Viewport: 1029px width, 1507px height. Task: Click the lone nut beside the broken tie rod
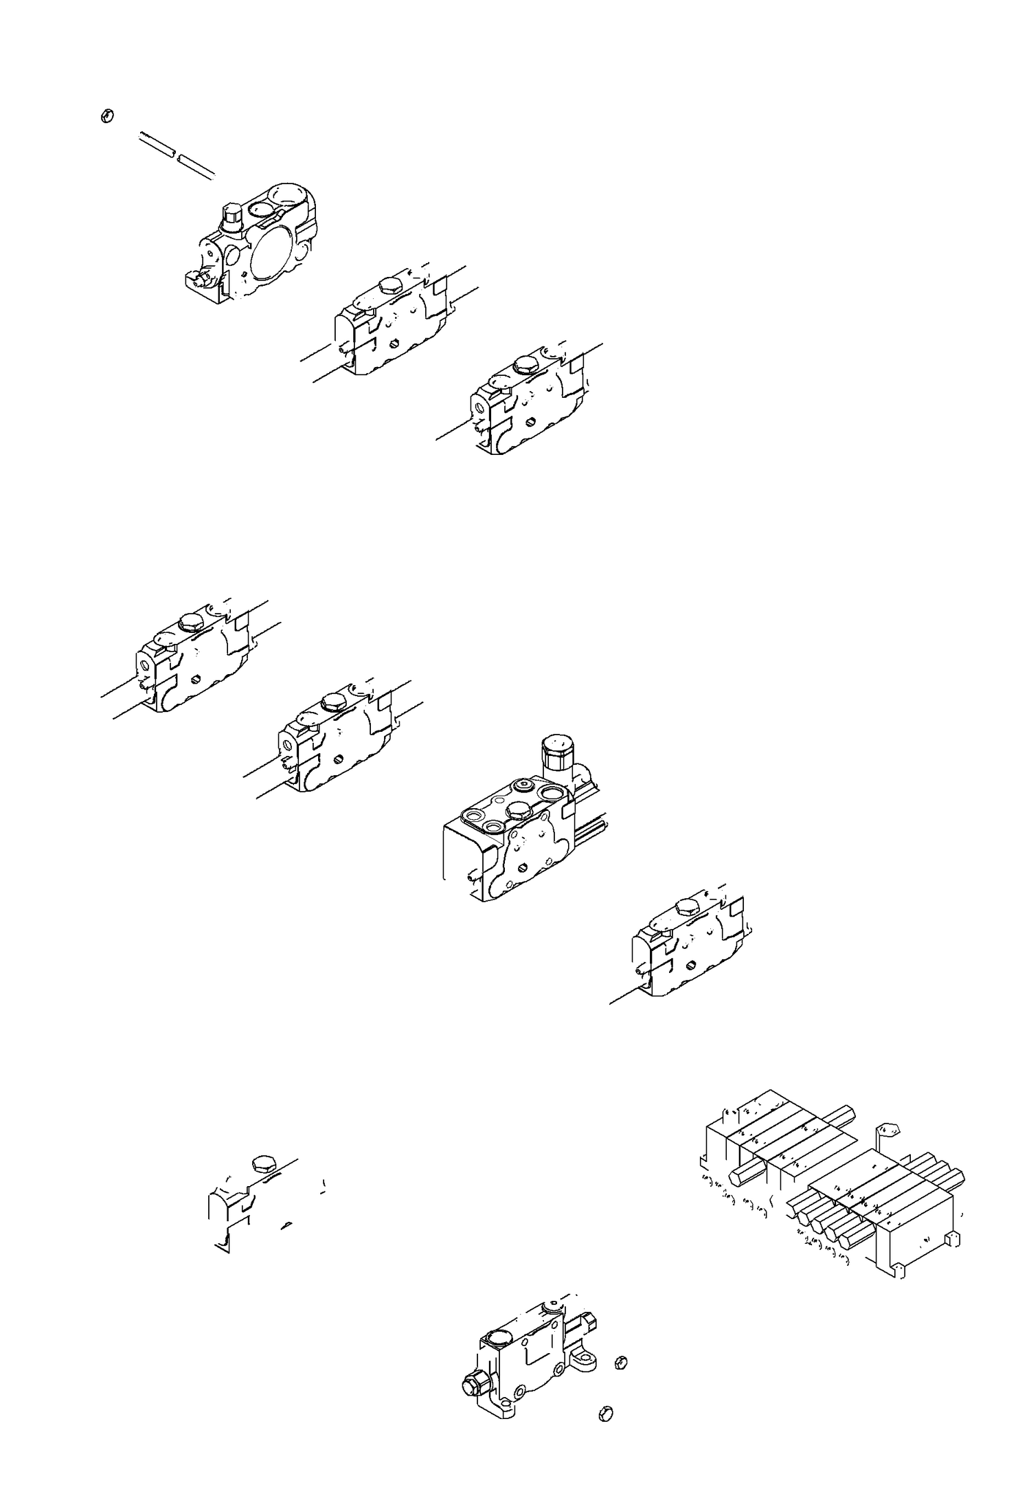[106, 116]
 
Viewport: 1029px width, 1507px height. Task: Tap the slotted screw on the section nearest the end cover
[394, 343]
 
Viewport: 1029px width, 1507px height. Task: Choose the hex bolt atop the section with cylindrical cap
[518, 813]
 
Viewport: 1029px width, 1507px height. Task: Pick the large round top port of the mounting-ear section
[499, 1337]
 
